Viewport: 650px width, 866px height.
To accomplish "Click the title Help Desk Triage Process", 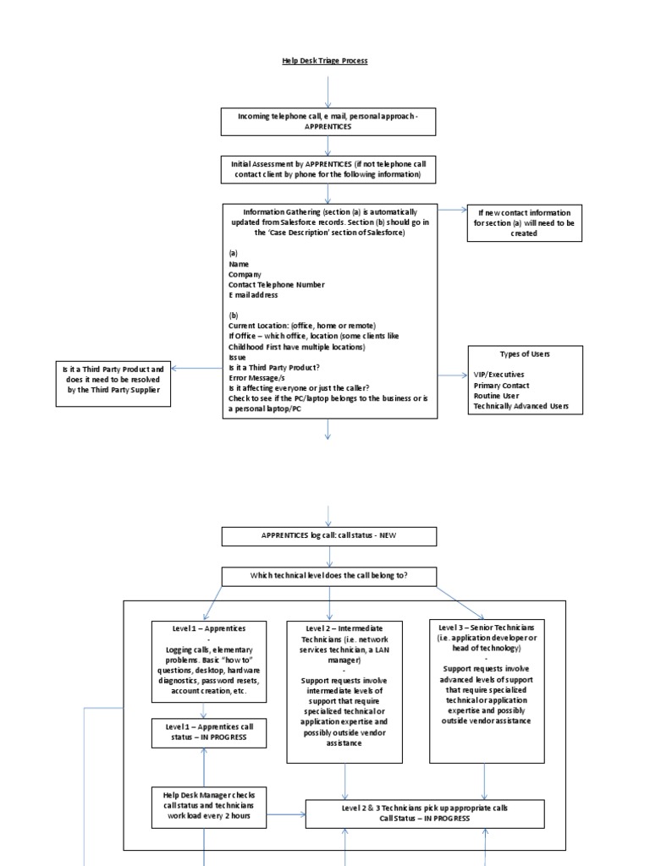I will click(x=325, y=61).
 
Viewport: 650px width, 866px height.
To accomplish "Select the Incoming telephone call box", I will click(x=328, y=122).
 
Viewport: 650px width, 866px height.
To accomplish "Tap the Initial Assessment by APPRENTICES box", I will click(x=328, y=169).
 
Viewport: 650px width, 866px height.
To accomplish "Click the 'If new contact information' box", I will click(x=524, y=222).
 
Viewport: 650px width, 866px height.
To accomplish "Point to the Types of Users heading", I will click(x=525, y=353).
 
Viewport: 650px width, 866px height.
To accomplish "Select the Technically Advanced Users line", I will click(x=521, y=407).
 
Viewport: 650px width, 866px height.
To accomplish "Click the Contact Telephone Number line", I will click(x=277, y=285).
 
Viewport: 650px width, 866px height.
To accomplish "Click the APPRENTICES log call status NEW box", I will click(x=329, y=536).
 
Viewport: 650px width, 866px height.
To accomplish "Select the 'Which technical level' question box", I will click(x=329, y=576).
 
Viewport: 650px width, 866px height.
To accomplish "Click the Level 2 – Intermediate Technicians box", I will click(x=344, y=692).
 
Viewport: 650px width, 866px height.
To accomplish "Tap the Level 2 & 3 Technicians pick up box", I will click(x=425, y=814).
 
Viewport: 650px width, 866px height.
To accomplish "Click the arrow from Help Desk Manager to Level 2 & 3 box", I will click(x=286, y=815).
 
